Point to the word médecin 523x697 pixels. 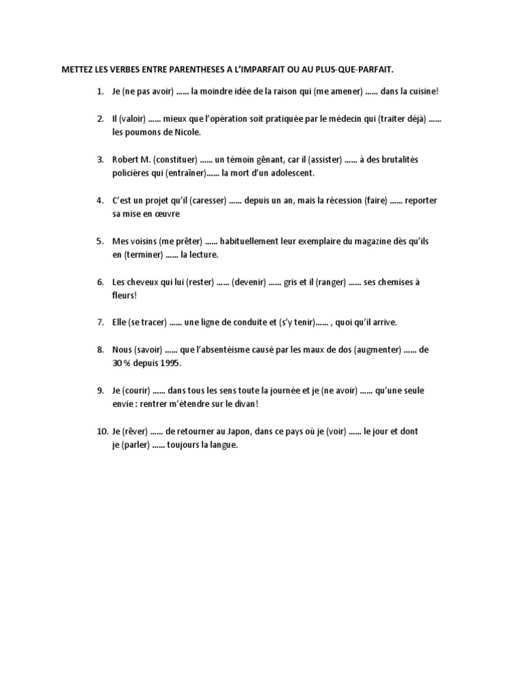(x=353, y=118)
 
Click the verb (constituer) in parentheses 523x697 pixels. (x=172, y=159)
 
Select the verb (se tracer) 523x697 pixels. (x=144, y=323)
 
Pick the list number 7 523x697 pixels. (x=99, y=323)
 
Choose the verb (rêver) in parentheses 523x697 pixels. (x=134, y=432)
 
